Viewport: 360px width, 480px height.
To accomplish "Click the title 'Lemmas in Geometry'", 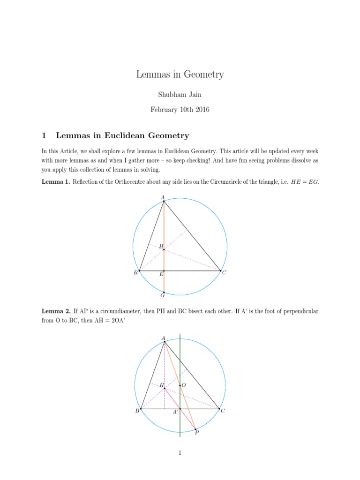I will (x=180, y=74).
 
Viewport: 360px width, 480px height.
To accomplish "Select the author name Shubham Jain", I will (x=180, y=95).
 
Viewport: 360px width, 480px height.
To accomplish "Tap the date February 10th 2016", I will (x=180, y=110).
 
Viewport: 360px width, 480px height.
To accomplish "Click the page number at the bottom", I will (x=180, y=453).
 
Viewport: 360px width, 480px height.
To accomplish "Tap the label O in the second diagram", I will (x=183, y=385).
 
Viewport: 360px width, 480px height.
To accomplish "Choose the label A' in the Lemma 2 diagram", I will (x=175, y=412).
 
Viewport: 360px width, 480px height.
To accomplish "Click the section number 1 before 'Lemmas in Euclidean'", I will (x=44, y=136).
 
